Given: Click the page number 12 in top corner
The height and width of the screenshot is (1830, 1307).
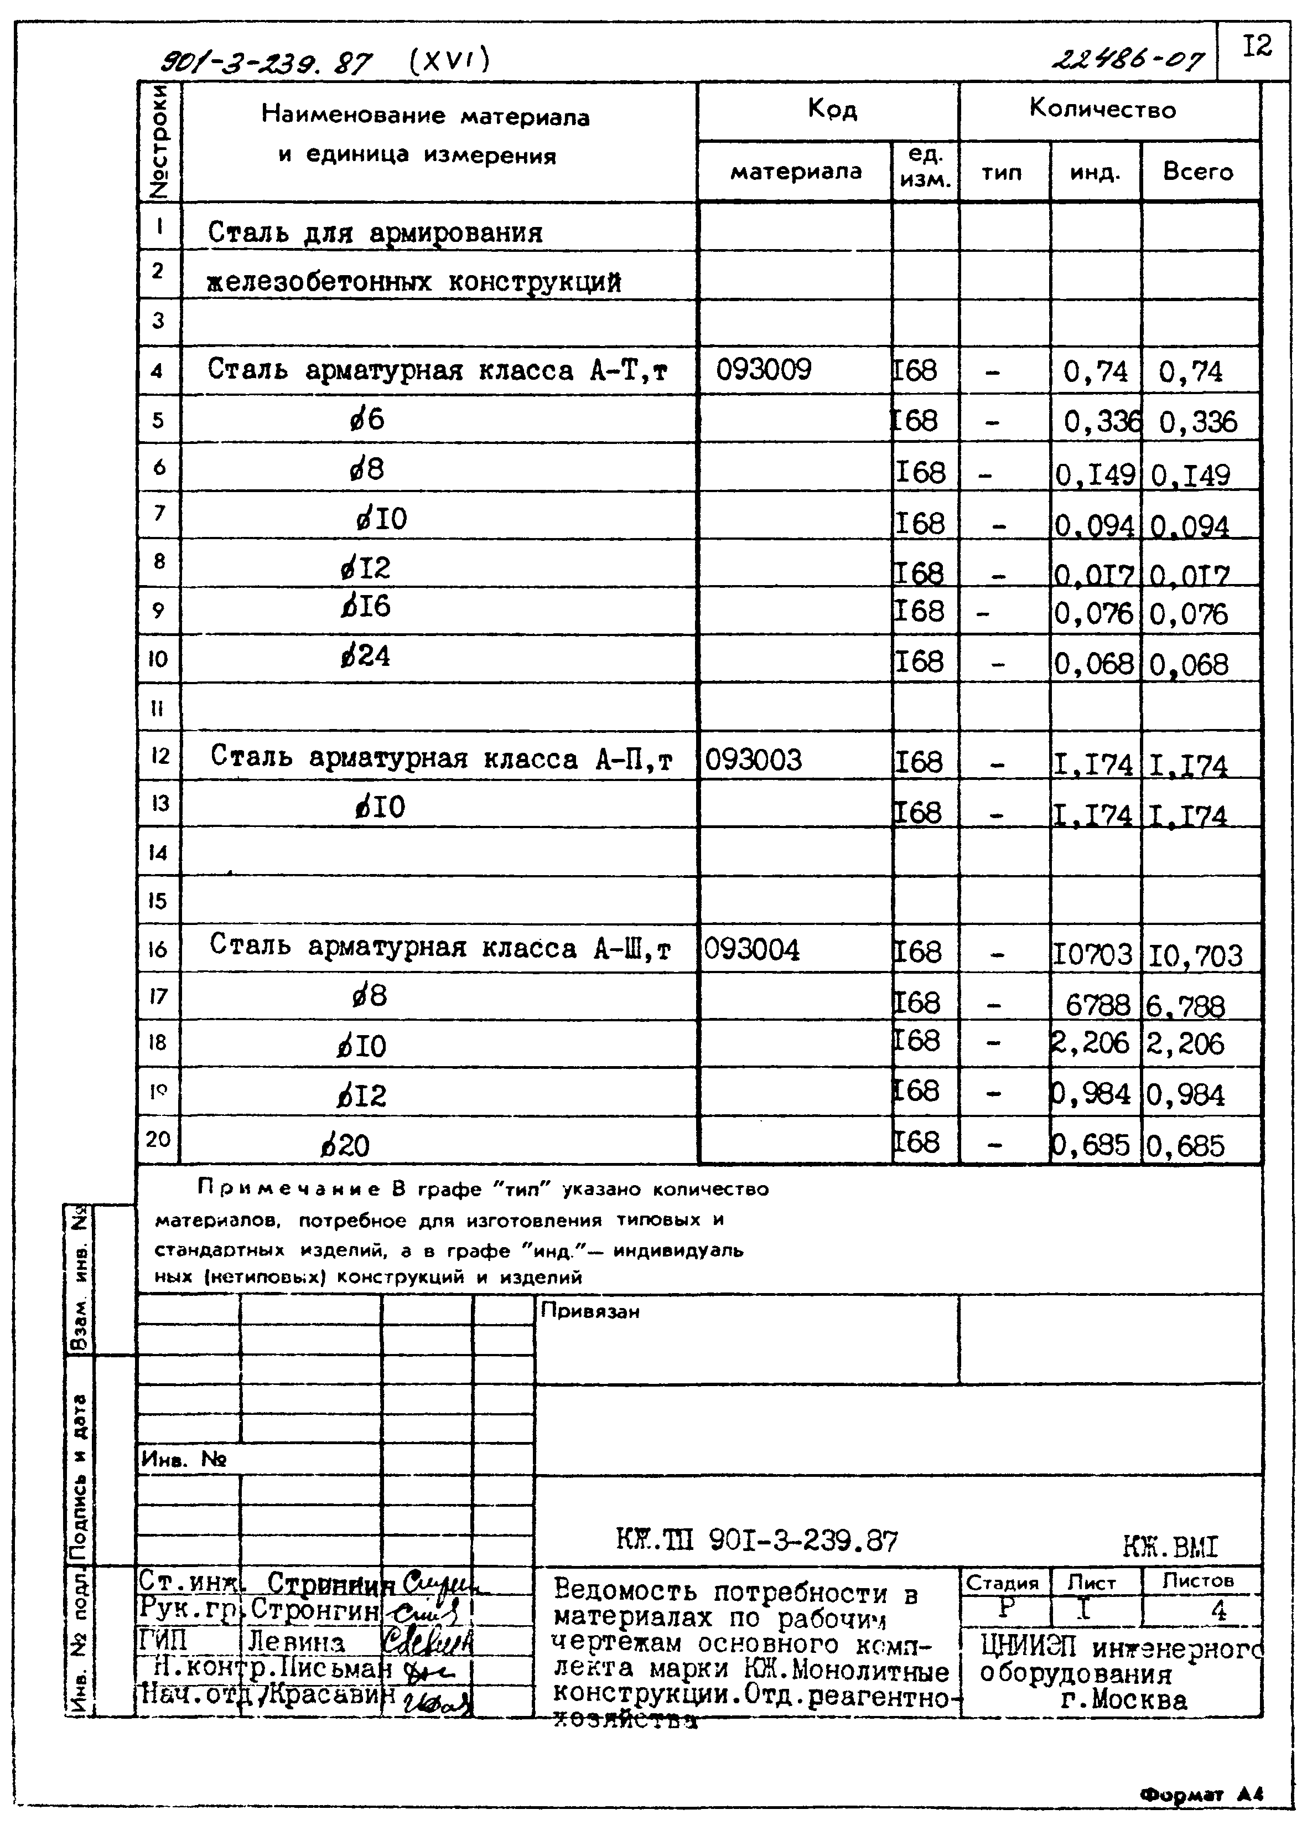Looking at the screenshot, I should coord(1257,46).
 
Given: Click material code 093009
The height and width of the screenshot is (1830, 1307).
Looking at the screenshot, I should coord(763,370).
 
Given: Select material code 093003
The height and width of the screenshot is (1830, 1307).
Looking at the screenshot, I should coord(753,759).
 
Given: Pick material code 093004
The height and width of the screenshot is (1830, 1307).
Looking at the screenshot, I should coord(751,949).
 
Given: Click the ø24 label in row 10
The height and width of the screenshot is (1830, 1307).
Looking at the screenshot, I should coord(365,656).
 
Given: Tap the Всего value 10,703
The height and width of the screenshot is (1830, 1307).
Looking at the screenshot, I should coord(1195,955).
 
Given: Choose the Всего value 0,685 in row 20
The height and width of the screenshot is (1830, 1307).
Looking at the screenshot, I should coord(1185,1145).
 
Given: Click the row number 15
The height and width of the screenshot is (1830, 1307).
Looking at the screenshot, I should coord(158,900).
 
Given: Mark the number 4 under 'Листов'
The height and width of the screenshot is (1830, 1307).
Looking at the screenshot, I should coord(1218,1611).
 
